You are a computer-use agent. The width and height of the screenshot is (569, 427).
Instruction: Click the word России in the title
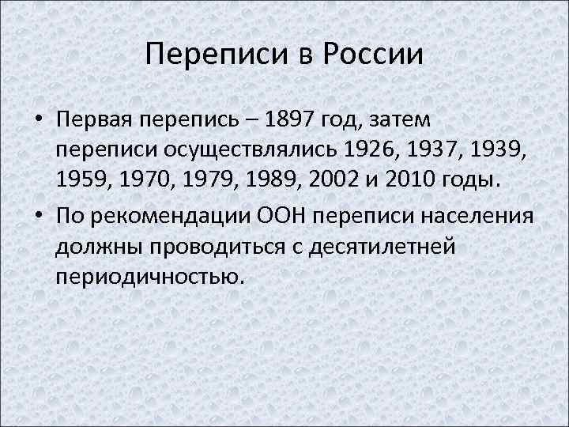tap(371, 55)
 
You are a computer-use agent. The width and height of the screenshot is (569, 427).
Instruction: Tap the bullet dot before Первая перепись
tap(38, 122)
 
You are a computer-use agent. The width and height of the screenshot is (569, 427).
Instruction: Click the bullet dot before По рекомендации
tap(38, 217)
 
